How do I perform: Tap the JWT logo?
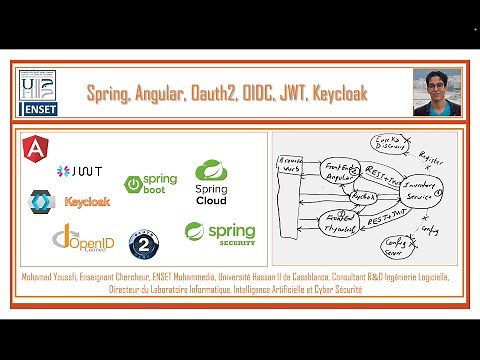click(x=81, y=171)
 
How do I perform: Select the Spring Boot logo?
click(x=150, y=184)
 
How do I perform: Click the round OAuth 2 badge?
click(x=148, y=243)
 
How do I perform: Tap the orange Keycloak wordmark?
click(x=87, y=201)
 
